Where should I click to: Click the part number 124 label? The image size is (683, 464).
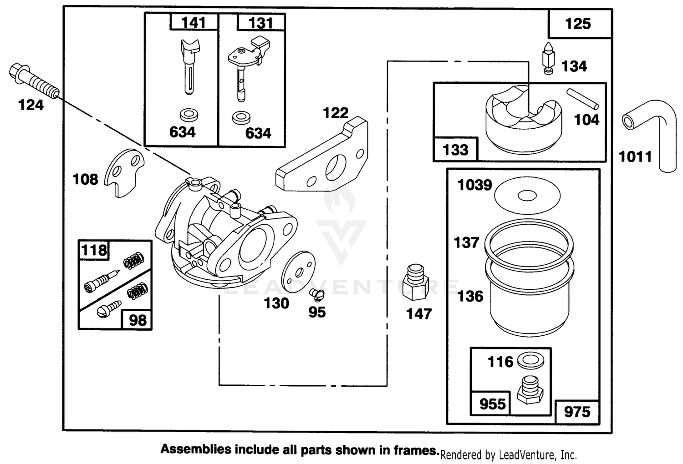click(x=31, y=105)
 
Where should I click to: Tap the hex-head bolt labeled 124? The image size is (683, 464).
click(x=34, y=81)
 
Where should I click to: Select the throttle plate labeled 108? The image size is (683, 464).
click(x=124, y=172)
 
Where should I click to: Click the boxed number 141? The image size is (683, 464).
click(x=194, y=23)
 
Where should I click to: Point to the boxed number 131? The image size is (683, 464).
click(x=260, y=23)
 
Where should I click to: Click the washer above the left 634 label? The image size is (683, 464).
click(x=189, y=115)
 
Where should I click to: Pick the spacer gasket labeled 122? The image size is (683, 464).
click(x=322, y=155)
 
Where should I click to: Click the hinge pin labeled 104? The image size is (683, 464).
click(x=582, y=99)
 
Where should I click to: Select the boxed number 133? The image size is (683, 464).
click(x=455, y=150)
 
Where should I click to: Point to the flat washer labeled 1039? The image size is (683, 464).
click(x=527, y=195)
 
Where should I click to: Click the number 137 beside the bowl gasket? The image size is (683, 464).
click(x=466, y=243)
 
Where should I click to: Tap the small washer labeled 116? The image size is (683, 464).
click(x=530, y=360)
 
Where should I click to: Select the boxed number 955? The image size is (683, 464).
click(x=492, y=404)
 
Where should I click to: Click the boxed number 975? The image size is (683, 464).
click(x=577, y=412)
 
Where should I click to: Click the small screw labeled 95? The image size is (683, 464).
click(x=317, y=294)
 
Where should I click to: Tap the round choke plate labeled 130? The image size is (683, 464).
click(x=299, y=272)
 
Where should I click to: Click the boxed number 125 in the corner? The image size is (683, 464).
click(x=578, y=24)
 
